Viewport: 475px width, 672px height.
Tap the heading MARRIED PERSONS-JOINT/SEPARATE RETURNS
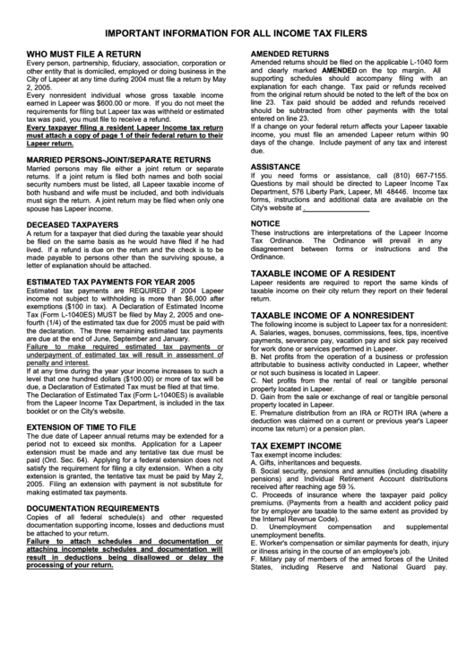(119, 160)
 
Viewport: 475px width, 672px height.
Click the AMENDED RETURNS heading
(289, 55)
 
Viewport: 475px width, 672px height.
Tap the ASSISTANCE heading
(275, 167)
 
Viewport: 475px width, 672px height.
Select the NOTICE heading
(265, 223)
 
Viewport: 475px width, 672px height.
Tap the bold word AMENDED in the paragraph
(333, 69)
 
